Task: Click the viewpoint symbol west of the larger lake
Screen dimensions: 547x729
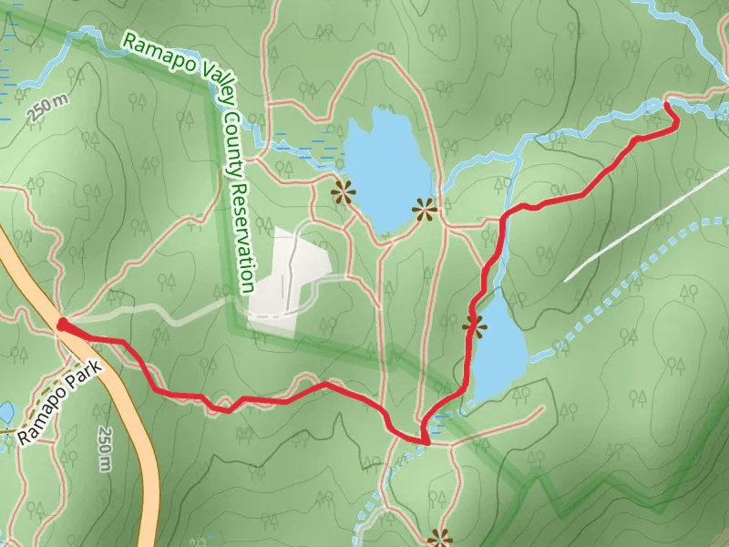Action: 343,191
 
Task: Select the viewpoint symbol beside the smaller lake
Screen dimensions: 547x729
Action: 473,323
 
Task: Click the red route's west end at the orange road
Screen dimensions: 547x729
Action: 62,324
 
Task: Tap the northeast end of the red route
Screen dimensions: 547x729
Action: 666,106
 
